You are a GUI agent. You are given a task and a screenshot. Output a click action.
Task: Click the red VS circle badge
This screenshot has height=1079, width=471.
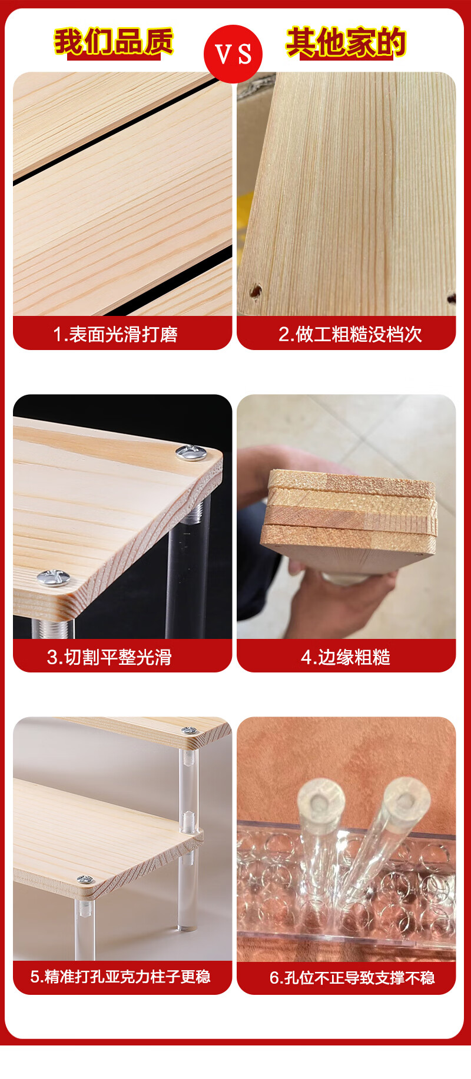233,54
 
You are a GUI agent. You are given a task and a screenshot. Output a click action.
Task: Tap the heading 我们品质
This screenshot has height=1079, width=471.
114,42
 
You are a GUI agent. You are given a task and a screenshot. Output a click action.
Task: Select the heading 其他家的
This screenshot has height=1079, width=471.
346,42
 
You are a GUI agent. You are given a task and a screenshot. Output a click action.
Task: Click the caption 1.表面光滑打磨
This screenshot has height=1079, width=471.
115,334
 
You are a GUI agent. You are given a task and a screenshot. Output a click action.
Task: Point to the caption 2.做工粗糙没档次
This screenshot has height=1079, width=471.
350,334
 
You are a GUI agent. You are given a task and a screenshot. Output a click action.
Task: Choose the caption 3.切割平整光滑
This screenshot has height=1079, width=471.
110,657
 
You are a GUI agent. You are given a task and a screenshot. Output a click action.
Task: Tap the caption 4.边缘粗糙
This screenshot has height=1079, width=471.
346,657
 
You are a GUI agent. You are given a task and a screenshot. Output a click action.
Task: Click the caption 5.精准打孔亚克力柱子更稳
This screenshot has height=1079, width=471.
121,977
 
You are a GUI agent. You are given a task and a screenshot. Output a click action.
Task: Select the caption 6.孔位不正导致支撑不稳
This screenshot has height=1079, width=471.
352,977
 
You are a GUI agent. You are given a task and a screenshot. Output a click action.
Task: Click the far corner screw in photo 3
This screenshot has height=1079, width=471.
187,452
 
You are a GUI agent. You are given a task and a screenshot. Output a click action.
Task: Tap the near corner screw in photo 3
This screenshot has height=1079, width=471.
53,578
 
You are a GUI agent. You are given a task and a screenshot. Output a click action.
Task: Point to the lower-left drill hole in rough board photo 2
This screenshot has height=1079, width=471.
256,291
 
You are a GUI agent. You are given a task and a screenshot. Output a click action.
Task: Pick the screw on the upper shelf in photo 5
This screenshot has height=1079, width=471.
189,730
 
